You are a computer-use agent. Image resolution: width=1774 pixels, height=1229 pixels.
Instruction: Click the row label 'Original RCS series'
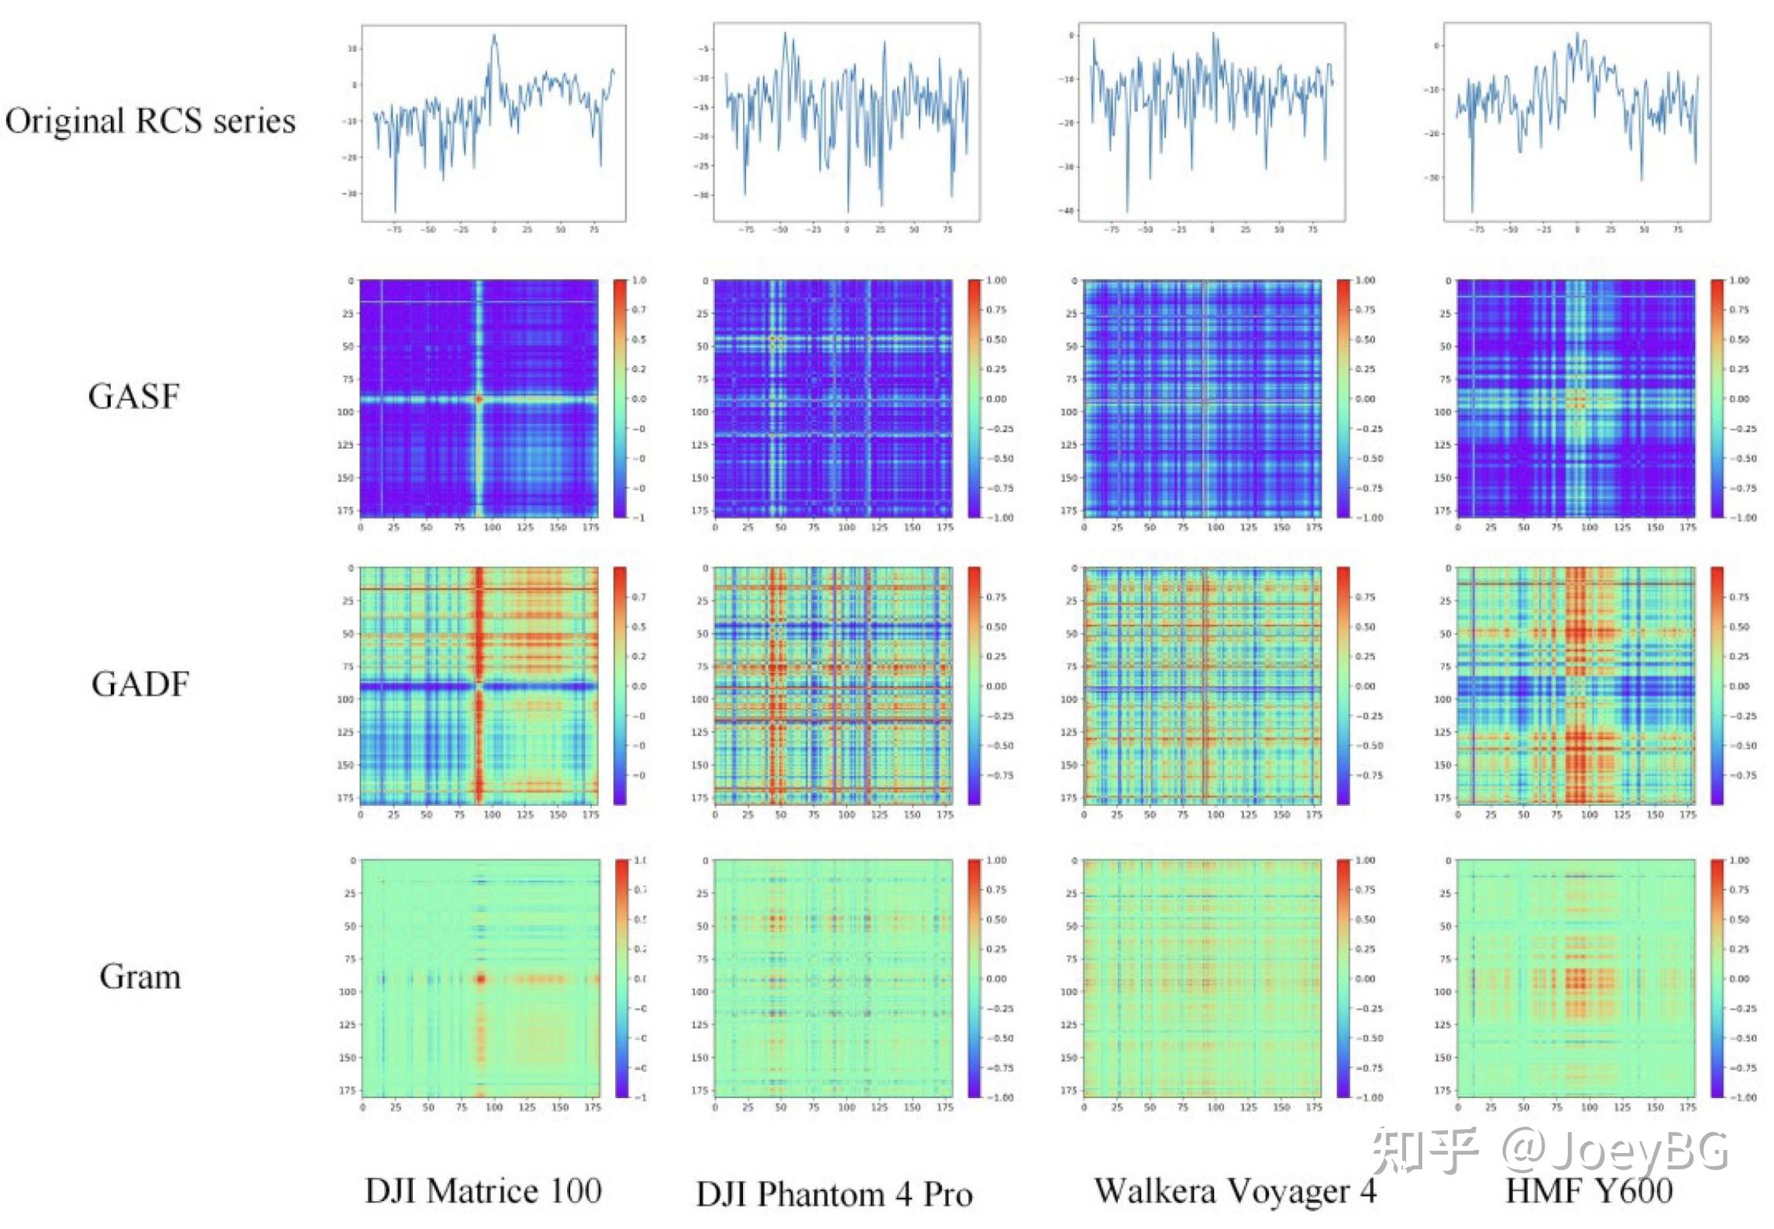(150, 121)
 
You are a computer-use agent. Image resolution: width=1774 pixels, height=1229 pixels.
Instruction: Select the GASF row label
(134, 396)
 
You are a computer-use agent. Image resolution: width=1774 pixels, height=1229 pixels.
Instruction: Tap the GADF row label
(140, 683)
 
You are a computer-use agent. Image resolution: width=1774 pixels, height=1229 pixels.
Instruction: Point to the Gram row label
(140, 976)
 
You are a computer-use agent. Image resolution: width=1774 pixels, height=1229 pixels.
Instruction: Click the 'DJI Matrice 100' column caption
(483, 1190)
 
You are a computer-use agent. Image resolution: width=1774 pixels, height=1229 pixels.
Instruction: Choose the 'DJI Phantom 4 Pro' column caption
(834, 1193)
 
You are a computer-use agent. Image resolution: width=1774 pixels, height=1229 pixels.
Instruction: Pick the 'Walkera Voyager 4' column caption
(1235, 1190)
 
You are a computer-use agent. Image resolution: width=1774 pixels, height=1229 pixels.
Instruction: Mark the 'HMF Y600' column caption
(1589, 1190)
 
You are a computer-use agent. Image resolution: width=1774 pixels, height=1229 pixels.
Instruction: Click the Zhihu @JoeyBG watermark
(1549, 1151)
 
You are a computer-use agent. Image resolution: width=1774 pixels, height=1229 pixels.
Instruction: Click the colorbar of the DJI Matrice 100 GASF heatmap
(620, 398)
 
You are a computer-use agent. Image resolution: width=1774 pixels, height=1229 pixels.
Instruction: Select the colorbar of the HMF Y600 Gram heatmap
(1717, 978)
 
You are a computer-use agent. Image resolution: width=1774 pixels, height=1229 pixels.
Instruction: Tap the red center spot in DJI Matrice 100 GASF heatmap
(479, 399)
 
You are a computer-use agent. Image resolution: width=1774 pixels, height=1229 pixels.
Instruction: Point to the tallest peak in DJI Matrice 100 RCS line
(493, 36)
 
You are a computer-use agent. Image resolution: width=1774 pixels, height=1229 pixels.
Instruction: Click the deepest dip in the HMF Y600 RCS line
(1472, 211)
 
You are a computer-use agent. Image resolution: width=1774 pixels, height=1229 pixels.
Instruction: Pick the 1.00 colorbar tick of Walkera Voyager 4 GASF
(1365, 281)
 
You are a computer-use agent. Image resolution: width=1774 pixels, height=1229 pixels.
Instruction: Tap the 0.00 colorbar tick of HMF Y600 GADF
(1739, 687)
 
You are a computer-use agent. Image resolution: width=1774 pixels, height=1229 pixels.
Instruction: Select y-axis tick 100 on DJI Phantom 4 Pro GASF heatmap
(700, 412)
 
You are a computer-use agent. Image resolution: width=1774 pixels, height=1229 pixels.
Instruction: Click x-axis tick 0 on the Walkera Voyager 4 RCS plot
(1212, 230)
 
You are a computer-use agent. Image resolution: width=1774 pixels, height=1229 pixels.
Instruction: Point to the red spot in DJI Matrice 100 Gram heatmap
(480, 979)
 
